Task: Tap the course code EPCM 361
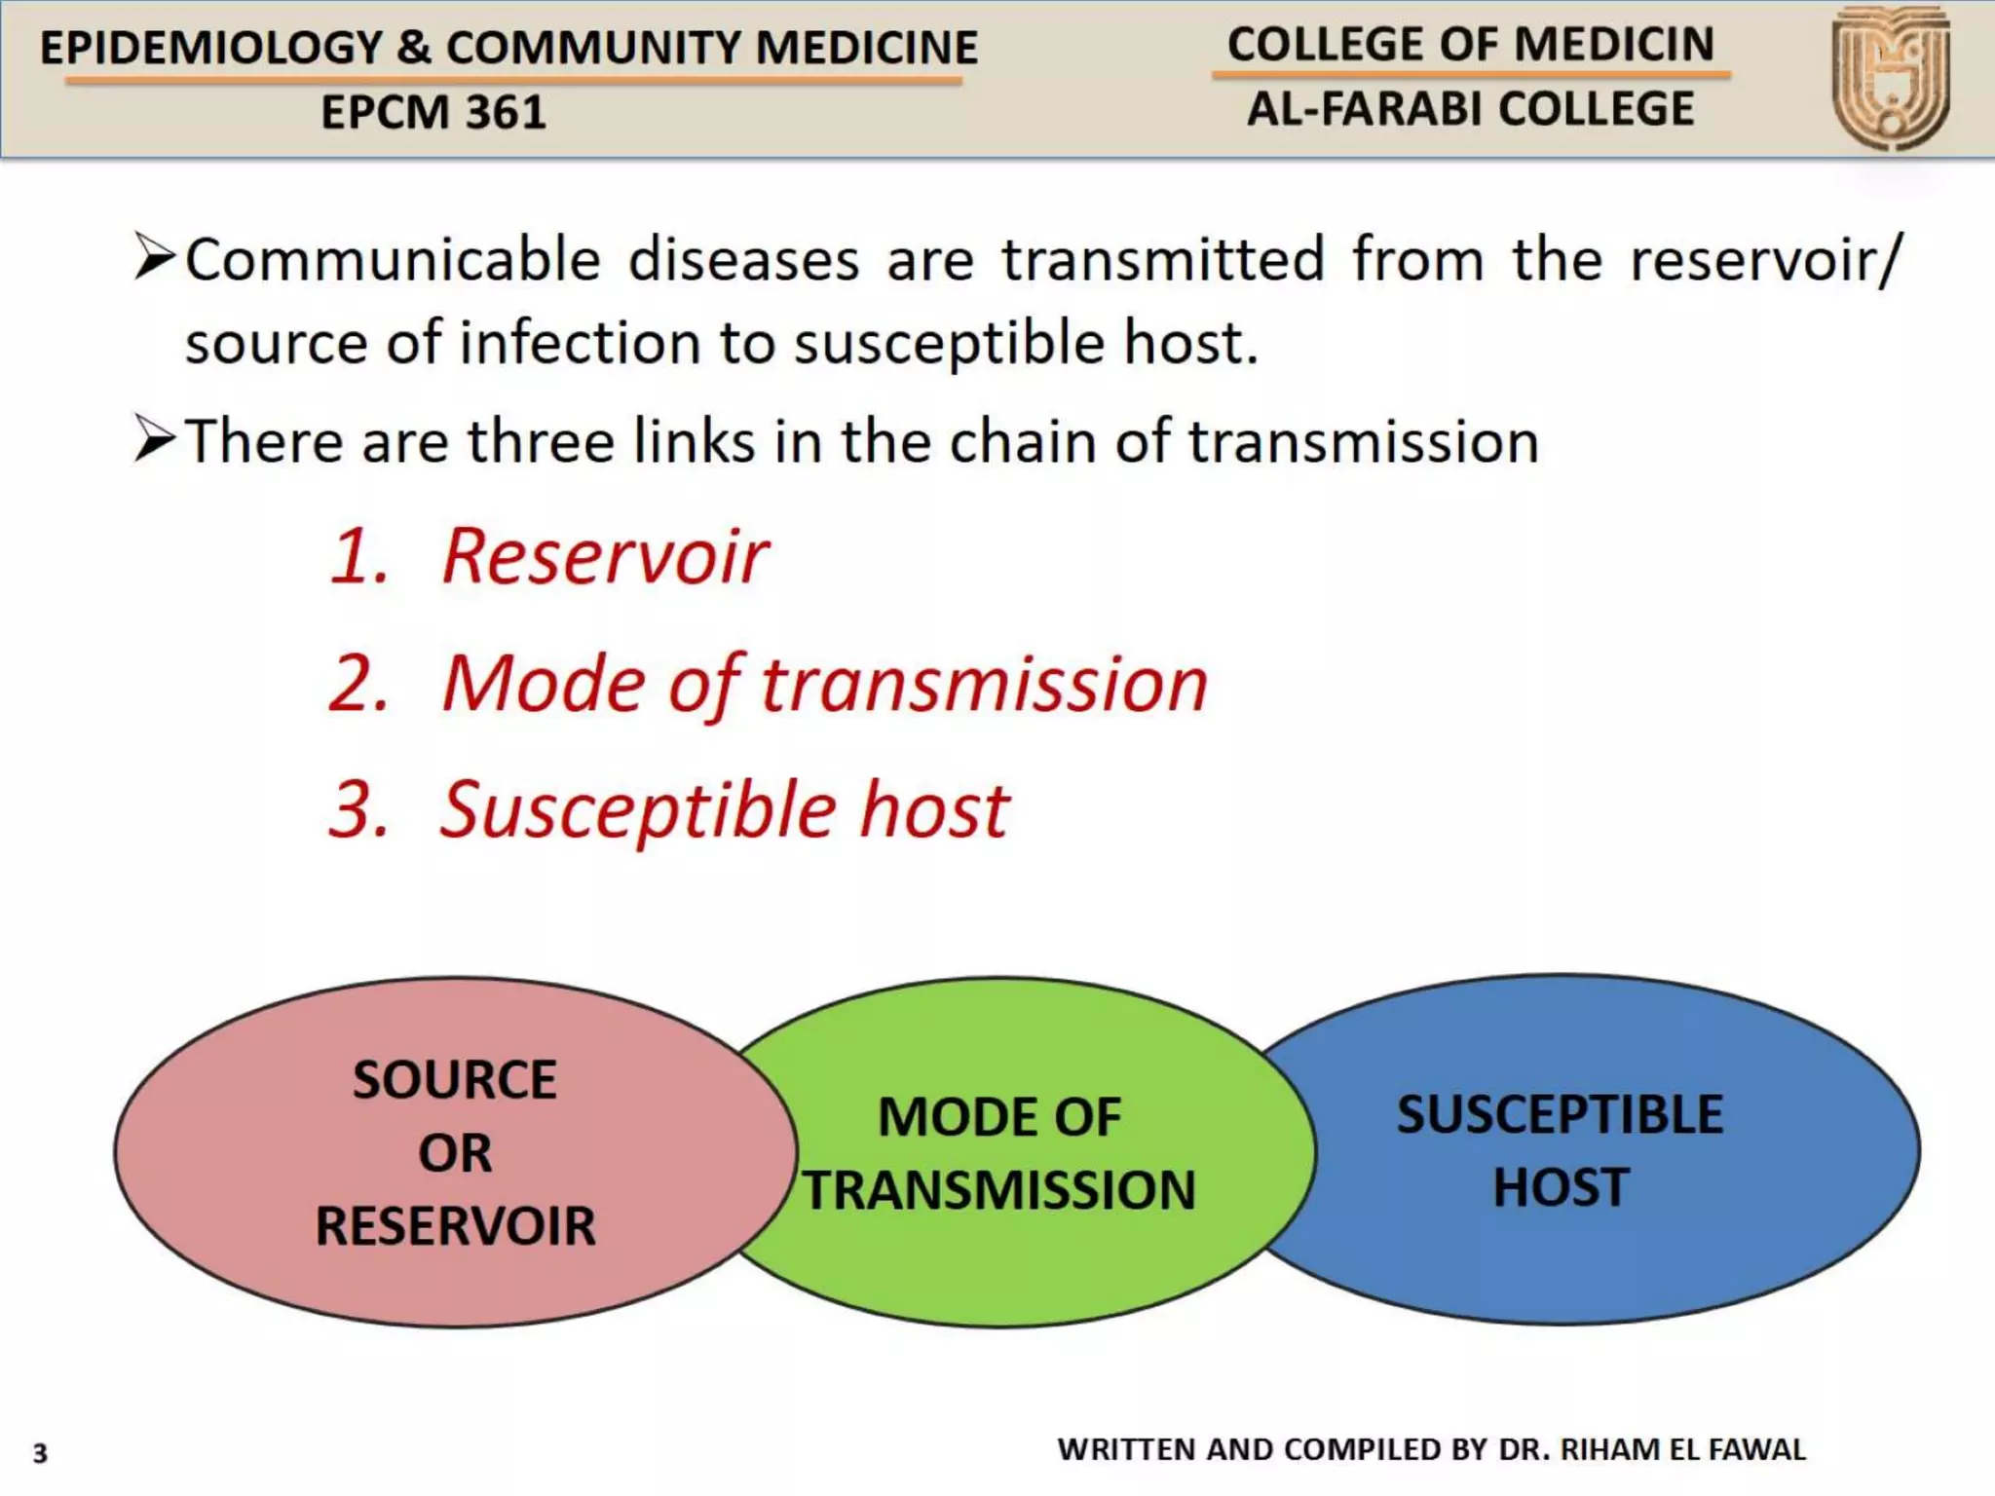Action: tap(433, 113)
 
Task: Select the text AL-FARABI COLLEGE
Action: tap(1471, 109)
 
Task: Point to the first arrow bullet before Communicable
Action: tap(154, 258)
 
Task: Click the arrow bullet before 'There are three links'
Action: tap(154, 438)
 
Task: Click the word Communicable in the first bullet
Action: tap(393, 261)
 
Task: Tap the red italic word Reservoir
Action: tap(605, 557)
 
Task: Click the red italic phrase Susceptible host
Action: tap(724, 810)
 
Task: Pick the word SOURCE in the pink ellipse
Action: tap(455, 1080)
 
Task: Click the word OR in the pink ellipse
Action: tap(455, 1153)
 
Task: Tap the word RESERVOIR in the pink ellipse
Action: tap(455, 1226)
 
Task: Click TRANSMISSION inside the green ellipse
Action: tap(999, 1190)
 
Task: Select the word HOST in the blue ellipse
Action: tap(1561, 1188)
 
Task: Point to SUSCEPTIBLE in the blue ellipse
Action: tap(1561, 1115)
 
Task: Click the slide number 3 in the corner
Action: tap(40, 1453)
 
